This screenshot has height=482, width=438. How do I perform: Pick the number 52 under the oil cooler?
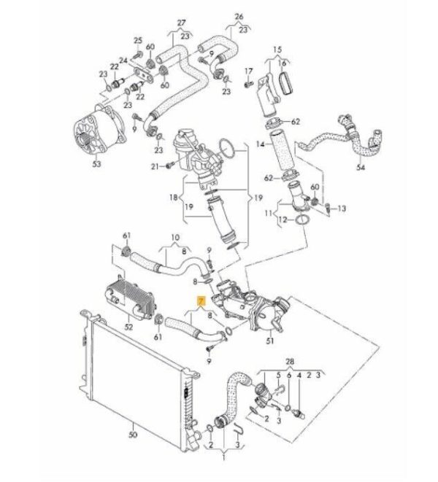tap(128, 327)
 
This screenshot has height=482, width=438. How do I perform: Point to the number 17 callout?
tap(248, 71)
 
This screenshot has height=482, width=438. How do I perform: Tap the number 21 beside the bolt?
tap(155, 167)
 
